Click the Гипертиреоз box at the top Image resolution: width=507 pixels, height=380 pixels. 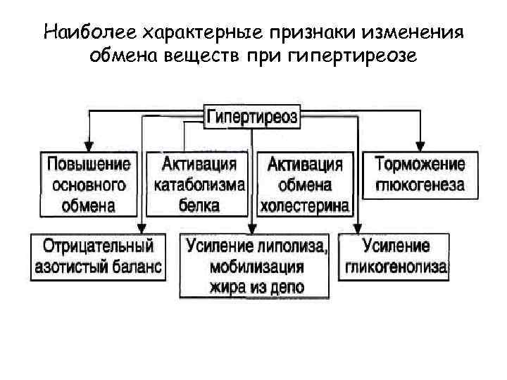tap(252, 116)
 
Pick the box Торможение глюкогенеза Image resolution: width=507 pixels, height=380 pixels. tap(420, 175)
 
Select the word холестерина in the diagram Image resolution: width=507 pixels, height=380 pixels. tap(304, 206)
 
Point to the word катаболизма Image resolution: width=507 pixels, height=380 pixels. tap(199, 185)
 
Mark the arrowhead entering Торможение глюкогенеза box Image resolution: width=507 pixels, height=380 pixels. tap(420, 145)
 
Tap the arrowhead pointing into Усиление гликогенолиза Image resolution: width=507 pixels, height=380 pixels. tap(358, 228)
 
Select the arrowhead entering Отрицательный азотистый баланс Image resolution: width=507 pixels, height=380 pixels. tap(142, 228)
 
